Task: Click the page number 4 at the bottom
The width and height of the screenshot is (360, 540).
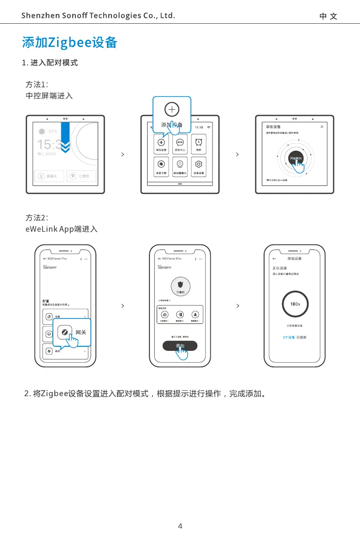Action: coord(180,526)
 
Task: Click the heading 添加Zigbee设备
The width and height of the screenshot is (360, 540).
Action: coord(69,42)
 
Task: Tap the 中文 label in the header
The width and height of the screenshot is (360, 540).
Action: coord(328,16)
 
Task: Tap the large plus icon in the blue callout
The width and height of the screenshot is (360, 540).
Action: coord(172,110)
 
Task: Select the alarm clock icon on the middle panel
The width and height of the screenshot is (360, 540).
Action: coord(199,142)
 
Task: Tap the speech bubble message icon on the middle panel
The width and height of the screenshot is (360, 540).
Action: coord(180,142)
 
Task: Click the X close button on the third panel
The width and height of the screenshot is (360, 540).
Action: coord(322,127)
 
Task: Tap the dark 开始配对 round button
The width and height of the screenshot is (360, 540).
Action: coord(295,158)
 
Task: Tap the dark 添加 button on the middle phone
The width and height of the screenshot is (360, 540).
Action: coord(180,346)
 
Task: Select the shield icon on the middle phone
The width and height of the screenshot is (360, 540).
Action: coord(180,284)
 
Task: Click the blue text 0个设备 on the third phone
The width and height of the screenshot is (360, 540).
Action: coord(289,338)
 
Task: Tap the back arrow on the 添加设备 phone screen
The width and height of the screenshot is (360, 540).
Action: coord(274,259)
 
